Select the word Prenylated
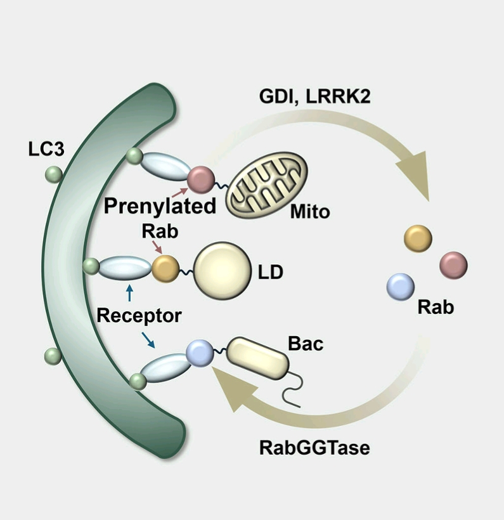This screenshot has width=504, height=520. coord(160,206)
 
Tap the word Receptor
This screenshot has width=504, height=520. coord(139,315)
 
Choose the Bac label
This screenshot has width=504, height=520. coord(306,344)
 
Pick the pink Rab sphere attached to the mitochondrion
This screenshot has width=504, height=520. coord(200,178)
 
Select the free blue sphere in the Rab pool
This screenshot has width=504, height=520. coord(401,286)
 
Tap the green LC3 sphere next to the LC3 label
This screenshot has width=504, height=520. coord(53,173)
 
